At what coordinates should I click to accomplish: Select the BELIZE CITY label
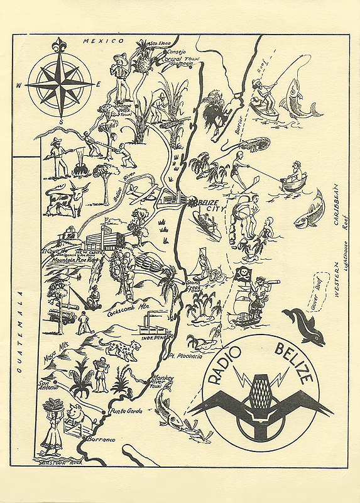click(208, 206)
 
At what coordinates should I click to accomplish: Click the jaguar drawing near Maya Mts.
click(123, 348)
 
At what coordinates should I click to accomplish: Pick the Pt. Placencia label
click(204, 356)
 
